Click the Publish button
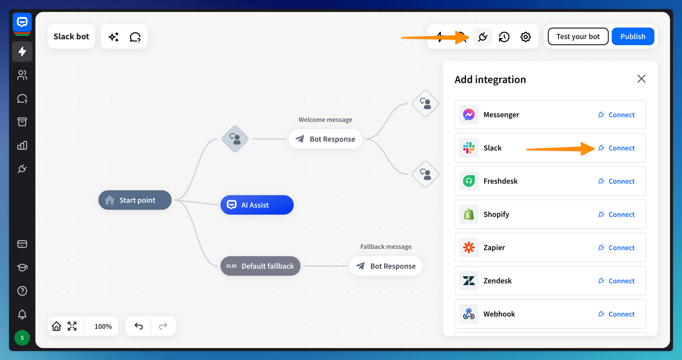[x=633, y=37]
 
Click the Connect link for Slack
[x=616, y=148]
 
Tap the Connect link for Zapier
[x=616, y=248]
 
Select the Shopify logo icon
[x=469, y=215]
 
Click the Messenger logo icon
[x=469, y=115]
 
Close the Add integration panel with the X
[x=641, y=79]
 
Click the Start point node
[x=135, y=200]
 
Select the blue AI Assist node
[x=257, y=205]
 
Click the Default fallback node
[x=260, y=266]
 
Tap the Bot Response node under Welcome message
[x=325, y=139]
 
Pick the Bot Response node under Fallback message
[x=386, y=266]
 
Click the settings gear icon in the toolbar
[x=526, y=37]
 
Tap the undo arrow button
[x=139, y=326]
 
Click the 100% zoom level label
[x=103, y=327]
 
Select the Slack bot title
[x=71, y=37]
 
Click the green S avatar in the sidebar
[x=22, y=338]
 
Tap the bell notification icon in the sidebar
[x=22, y=314]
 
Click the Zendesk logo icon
[x=469, y=281]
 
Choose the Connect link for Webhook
[x=616, y=314]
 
